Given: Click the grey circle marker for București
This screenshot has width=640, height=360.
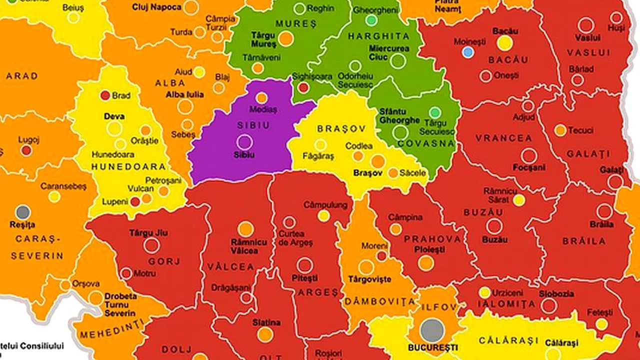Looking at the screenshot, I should (x=432, y=330).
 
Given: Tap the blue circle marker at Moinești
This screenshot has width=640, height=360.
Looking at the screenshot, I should (x=467, y=52).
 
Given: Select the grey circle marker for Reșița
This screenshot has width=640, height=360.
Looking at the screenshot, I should (x=22, y=212).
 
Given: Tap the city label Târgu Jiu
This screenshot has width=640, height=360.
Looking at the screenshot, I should (x=148, y=233).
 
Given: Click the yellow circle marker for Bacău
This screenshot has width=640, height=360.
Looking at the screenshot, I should (x=505, y=43).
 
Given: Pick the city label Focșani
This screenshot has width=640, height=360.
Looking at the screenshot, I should (x=529, y=167).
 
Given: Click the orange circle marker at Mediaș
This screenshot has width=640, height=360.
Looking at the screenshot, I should (x=261, y=98).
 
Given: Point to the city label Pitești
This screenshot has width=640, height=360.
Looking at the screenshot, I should (x=304, y=277).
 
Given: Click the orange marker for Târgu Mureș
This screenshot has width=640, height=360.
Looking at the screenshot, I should (x=285, y=38).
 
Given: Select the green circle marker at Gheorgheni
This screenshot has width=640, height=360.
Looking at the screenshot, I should (x=371, y=20).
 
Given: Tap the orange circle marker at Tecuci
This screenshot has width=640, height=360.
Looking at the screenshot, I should (x=560, y=130).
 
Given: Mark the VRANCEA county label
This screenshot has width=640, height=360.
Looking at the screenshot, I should (x=503, y=138).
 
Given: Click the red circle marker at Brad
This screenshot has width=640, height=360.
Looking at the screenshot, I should (x=105, y=95).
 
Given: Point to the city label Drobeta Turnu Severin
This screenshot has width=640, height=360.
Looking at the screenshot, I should (x=120, y=304).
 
